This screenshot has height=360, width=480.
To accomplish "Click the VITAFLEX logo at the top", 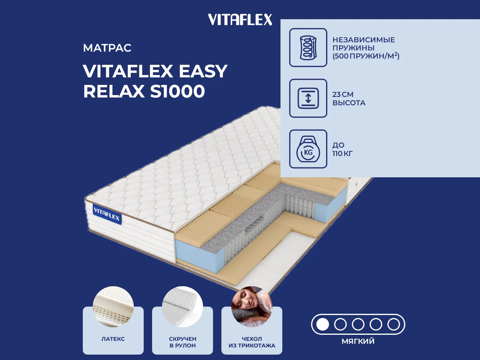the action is click(x=240, y=19).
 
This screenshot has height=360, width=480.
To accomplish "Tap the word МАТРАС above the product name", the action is click(x=107, y=48).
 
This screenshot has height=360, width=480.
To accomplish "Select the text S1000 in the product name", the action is click(x=177, y=91).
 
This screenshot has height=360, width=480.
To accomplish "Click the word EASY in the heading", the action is click(x=203, y=71).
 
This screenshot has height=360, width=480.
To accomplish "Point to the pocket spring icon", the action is click(x=308, y=47).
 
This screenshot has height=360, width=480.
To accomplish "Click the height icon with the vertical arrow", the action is click(x=308, y=98).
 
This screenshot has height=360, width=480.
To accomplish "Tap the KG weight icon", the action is click(x=308, y=149).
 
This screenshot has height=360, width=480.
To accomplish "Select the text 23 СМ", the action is click(x=343, y=94).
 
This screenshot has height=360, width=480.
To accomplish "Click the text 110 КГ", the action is click(x=343, y=153).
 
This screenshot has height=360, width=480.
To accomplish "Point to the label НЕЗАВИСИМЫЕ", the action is click(x=364, y=40).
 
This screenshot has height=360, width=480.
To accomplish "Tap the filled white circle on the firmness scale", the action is click(x=322, y=324).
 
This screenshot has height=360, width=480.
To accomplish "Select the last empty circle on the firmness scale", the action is click(x=394, y=324).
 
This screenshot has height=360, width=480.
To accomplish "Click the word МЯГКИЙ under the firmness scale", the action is click(x=358, y=341).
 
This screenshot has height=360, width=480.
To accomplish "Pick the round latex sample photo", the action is click(x=113, y=307).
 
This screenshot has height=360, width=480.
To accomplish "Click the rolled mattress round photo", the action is click(x=183, y=307).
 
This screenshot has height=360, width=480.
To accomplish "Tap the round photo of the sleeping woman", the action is click(x=252, y=307).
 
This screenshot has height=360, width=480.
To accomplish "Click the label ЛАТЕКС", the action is click(x=113, y=339).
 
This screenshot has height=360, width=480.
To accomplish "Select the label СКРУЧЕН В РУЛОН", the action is click(x=183, y=342).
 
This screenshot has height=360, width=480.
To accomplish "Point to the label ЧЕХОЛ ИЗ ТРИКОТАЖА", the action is click(x=252, y=342).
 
